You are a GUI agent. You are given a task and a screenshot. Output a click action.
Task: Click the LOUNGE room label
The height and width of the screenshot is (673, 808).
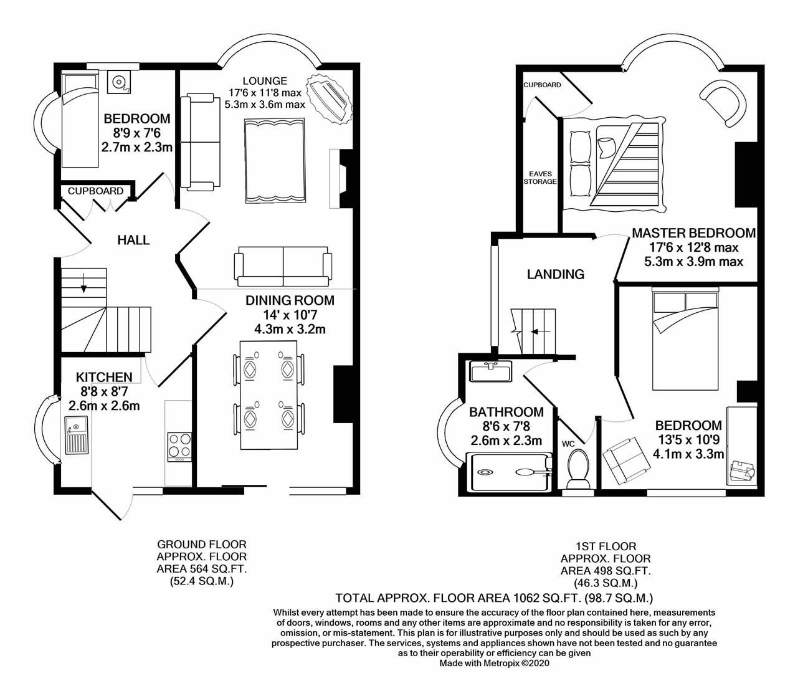265,81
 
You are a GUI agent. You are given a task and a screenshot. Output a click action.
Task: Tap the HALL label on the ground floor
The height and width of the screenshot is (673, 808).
134,240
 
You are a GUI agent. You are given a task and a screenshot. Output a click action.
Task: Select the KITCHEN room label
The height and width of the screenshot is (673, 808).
104,377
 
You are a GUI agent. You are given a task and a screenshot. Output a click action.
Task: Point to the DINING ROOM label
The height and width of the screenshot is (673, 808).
290,300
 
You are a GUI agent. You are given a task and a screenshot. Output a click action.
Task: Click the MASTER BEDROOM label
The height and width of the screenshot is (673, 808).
693,234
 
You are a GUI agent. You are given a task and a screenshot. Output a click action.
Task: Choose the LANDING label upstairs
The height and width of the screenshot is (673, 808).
555,274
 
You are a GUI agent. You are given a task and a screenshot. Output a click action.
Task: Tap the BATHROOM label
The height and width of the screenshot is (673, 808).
506,412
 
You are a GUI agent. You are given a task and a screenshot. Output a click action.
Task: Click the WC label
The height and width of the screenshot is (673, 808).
568,444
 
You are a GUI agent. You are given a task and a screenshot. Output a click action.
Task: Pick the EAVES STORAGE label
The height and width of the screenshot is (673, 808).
539,178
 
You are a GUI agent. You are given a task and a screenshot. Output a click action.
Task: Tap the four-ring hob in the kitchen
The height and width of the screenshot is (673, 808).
179,446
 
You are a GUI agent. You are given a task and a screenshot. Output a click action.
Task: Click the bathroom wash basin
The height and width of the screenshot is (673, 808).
490,372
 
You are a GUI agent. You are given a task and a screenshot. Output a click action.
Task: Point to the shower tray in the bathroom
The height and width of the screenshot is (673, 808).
509,472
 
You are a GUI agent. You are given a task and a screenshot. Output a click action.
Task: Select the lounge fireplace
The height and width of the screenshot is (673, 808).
337,178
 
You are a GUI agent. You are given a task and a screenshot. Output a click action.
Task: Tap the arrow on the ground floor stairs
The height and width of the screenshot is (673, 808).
83,287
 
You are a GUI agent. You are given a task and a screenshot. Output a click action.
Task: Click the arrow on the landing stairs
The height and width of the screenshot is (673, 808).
536,332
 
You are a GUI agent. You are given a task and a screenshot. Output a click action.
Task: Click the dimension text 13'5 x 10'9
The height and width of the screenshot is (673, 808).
688,439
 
